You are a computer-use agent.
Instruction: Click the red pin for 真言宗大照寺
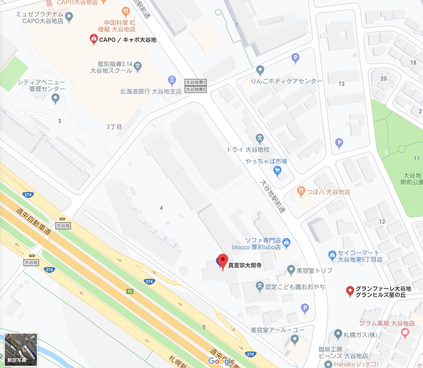click(222, 261)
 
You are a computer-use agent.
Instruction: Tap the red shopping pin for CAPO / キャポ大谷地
click(93, 39)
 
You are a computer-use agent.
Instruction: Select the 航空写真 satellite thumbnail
click(21, 349)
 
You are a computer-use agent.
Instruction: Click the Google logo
click(221, 361)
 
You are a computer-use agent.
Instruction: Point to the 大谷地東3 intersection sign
click(196, 82)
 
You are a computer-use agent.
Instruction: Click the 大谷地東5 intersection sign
click(196, 89)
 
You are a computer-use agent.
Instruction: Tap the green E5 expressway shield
click(130, 291)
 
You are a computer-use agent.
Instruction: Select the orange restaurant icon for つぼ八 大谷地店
click(301, 191)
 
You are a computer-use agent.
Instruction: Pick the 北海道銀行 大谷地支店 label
click(151, 92)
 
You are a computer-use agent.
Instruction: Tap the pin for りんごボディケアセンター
click(260, 70)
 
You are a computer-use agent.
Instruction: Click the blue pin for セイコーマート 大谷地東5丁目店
click(332, 255)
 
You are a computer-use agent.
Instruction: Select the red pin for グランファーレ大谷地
click(350, 291)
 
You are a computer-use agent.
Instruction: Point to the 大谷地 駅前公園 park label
click(411, 179)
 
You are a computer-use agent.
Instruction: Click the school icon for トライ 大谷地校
click(260, 138)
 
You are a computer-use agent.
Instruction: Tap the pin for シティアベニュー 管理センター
click(55, 99)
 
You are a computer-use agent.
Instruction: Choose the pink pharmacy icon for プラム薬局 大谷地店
click(405, 332)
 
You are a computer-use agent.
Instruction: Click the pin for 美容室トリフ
click(291, 270)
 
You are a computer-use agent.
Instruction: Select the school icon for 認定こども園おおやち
click(260, 286)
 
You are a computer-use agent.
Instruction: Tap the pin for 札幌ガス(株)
click(338, 334)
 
